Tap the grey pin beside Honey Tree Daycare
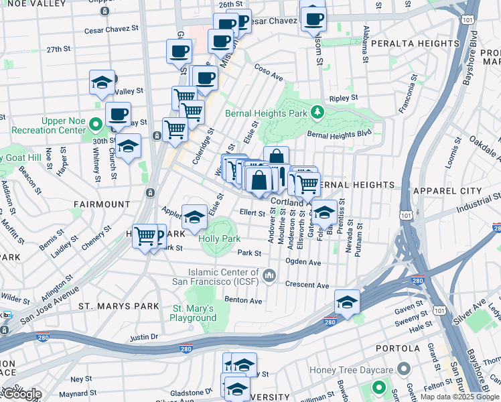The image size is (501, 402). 404,369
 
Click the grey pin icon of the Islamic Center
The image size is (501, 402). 269,276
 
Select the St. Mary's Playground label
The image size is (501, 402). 193,313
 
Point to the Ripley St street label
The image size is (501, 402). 344,98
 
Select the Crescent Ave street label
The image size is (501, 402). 307,284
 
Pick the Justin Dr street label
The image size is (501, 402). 143,337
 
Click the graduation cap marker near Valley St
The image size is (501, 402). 102,82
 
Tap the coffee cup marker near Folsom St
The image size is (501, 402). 313,18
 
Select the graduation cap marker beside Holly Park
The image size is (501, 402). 194,216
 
